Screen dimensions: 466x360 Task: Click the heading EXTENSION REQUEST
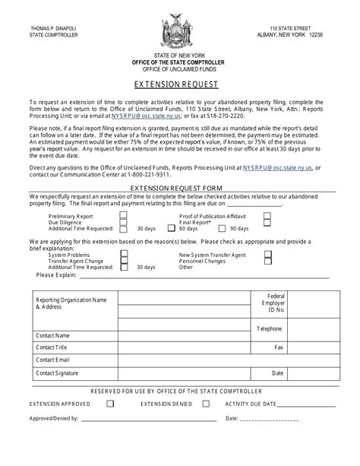click(x=179, y=85)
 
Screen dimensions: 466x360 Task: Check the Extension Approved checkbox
click(x=111, y=404)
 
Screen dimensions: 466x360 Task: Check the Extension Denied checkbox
click(x=207, y=404)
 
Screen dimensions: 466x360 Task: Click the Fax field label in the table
click(x=278, y=347)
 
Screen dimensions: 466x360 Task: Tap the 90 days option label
click(x=239, y=228)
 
